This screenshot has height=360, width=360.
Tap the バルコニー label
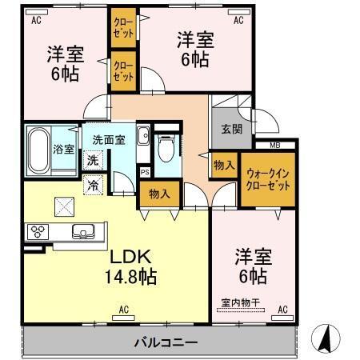coord(165,342)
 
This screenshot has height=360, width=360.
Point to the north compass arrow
coord(327,338)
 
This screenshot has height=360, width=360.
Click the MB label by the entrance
coord(274,145)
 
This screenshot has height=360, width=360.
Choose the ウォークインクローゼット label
coord(268,179)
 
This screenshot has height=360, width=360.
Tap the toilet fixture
coord(166,149)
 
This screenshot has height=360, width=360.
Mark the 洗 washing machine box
coord(93,160)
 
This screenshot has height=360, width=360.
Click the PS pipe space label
coord(145,170)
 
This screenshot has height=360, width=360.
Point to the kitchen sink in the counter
coord(82,233)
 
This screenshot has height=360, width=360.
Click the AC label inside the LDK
coord(123,309)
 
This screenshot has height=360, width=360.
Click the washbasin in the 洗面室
coord(143,136)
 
